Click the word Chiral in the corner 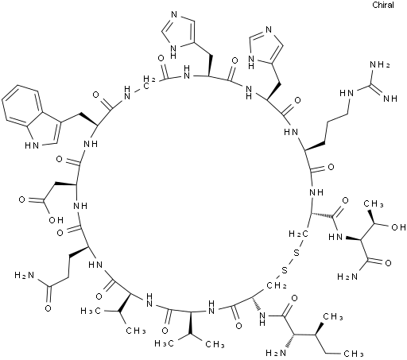(x=383, y=5)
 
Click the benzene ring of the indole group (x=21, y=104)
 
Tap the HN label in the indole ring (x=32, y=145)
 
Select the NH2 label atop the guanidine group (x=379, y=65)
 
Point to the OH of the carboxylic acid (x=56, y=220)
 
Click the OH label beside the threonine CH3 (x=398, y=227)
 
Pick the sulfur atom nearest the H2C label (x=297, y=253)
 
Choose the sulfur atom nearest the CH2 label (x=285, y=271)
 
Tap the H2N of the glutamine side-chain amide (x=25, y=276)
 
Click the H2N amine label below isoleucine (x=276, y=353)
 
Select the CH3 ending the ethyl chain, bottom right (x=354, y=354)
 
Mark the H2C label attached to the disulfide (x=298, y=234)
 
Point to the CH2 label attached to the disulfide (x=277, y=286)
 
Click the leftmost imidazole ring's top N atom (x=174, y=14)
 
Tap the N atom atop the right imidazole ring (x=269, y=29)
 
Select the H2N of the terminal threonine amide (x=347, y=277)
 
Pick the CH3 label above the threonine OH (x=374, y=203)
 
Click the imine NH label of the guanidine (x=390, y=99)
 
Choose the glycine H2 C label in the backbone (x=149, y=79)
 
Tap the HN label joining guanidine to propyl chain (x=347, y=93)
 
